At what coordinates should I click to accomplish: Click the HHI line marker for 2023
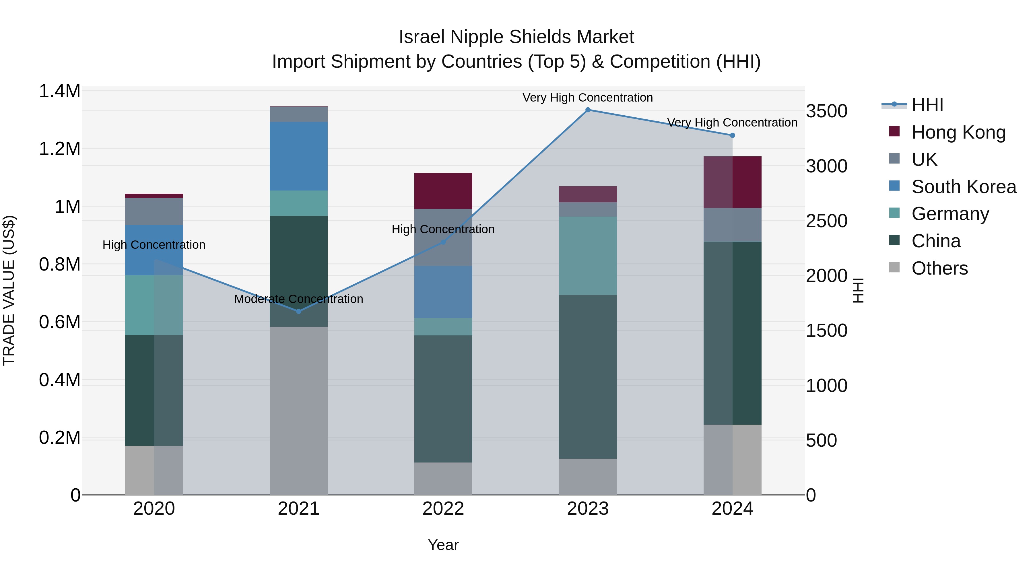(x=587, y=110)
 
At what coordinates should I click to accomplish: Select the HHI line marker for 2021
(x=298, y=311)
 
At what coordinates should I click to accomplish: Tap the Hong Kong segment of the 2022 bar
(x=443, y=191)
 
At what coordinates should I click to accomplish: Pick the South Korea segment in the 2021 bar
(x=298, y=156)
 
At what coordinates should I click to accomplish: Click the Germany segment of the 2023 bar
(x=587, y=256)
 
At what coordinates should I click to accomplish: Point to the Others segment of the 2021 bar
(x=298, y=411)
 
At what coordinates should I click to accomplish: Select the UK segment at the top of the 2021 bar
(x=298, y=114)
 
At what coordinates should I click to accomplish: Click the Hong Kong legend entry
(x=958, y=132)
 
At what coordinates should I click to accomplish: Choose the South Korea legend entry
(x=963, y=187)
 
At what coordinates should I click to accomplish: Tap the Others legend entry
(x=939, y=268)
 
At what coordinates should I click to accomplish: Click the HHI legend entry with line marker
(x=927, y=105)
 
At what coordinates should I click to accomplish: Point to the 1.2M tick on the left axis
(x=59, y=149)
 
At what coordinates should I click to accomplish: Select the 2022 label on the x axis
(x=443, y=509)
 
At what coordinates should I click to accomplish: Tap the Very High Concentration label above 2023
(x=587, y=98)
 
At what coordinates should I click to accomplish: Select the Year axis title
(x=443, y=545)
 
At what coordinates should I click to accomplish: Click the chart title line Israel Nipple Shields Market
(x=516, y=37)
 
